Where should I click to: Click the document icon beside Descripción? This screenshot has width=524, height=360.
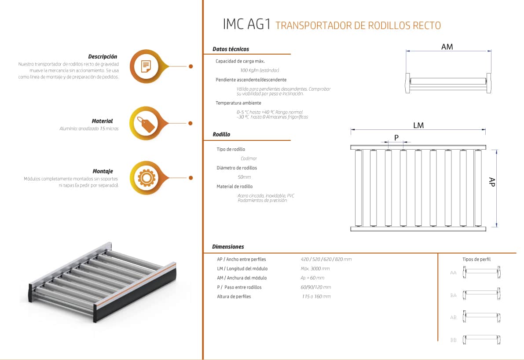click(146, 66)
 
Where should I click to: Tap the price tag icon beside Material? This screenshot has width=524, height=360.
click(146, 123)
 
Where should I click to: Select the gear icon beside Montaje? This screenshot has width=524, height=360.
click(147, 177)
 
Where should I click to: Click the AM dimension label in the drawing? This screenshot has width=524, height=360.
click(447, 47)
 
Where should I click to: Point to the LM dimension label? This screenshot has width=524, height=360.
click(418, 125)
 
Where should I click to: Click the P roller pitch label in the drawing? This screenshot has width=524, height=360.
click(396, 137)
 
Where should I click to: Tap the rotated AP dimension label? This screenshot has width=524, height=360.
click(491, 182)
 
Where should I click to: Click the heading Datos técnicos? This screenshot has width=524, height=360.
click(231, 49)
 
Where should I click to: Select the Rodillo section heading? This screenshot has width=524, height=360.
click(221, 134)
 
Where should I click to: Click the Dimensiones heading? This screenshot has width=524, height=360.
click(228, 247)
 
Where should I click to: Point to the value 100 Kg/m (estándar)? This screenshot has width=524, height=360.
click(259, 70)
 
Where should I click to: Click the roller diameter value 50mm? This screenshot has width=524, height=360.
click(244, 177)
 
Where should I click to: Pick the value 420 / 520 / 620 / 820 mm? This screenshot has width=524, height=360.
click(326, 259)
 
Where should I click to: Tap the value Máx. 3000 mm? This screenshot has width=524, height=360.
click(315, 268)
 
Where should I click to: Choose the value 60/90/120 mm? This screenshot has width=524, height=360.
click(316, 287)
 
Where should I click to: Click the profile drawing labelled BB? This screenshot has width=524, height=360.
click(482, 340)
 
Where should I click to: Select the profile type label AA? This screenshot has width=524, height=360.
click(453, 273)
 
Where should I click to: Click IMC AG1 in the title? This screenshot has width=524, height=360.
click(247, 24)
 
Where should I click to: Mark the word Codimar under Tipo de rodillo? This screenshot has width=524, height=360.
click(249, 158)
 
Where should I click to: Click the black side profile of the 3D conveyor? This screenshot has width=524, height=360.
click(136, 293)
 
